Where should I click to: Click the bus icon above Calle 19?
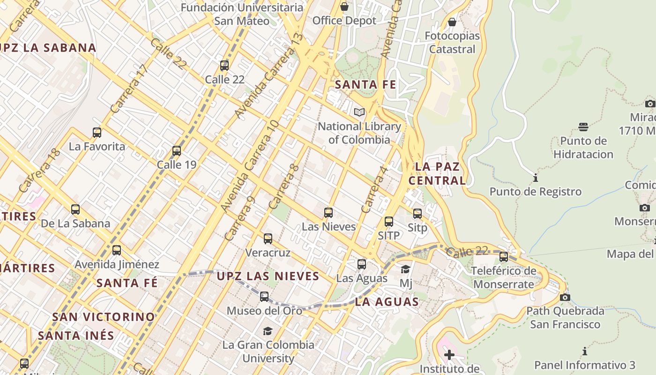click(177, 151)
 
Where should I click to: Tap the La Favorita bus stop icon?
click(97, 133)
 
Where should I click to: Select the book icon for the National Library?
click(359, 112)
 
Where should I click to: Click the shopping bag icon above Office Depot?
click(344, 7)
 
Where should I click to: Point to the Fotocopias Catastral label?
click(452, 43)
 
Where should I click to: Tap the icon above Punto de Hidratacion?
click(583, 127)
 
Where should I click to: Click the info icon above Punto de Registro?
click(536, 178)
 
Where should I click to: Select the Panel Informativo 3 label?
click(585, 365)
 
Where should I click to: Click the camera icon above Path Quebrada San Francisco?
click(565, 297)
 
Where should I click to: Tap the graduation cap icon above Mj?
click(406, 269)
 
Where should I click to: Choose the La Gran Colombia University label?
click(268, 352)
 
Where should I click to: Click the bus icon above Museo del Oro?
click(264, 296)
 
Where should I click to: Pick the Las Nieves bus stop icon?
click(328, 213)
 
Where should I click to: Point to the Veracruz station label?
click(268, 253)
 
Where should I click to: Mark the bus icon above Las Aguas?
click(362, 264)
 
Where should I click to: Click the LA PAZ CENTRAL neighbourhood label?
click(437, 173)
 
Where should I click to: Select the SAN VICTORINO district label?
click(103, 317)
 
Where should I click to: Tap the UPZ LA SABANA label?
click(48, 48)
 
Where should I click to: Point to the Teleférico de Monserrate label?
click(504, 277)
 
